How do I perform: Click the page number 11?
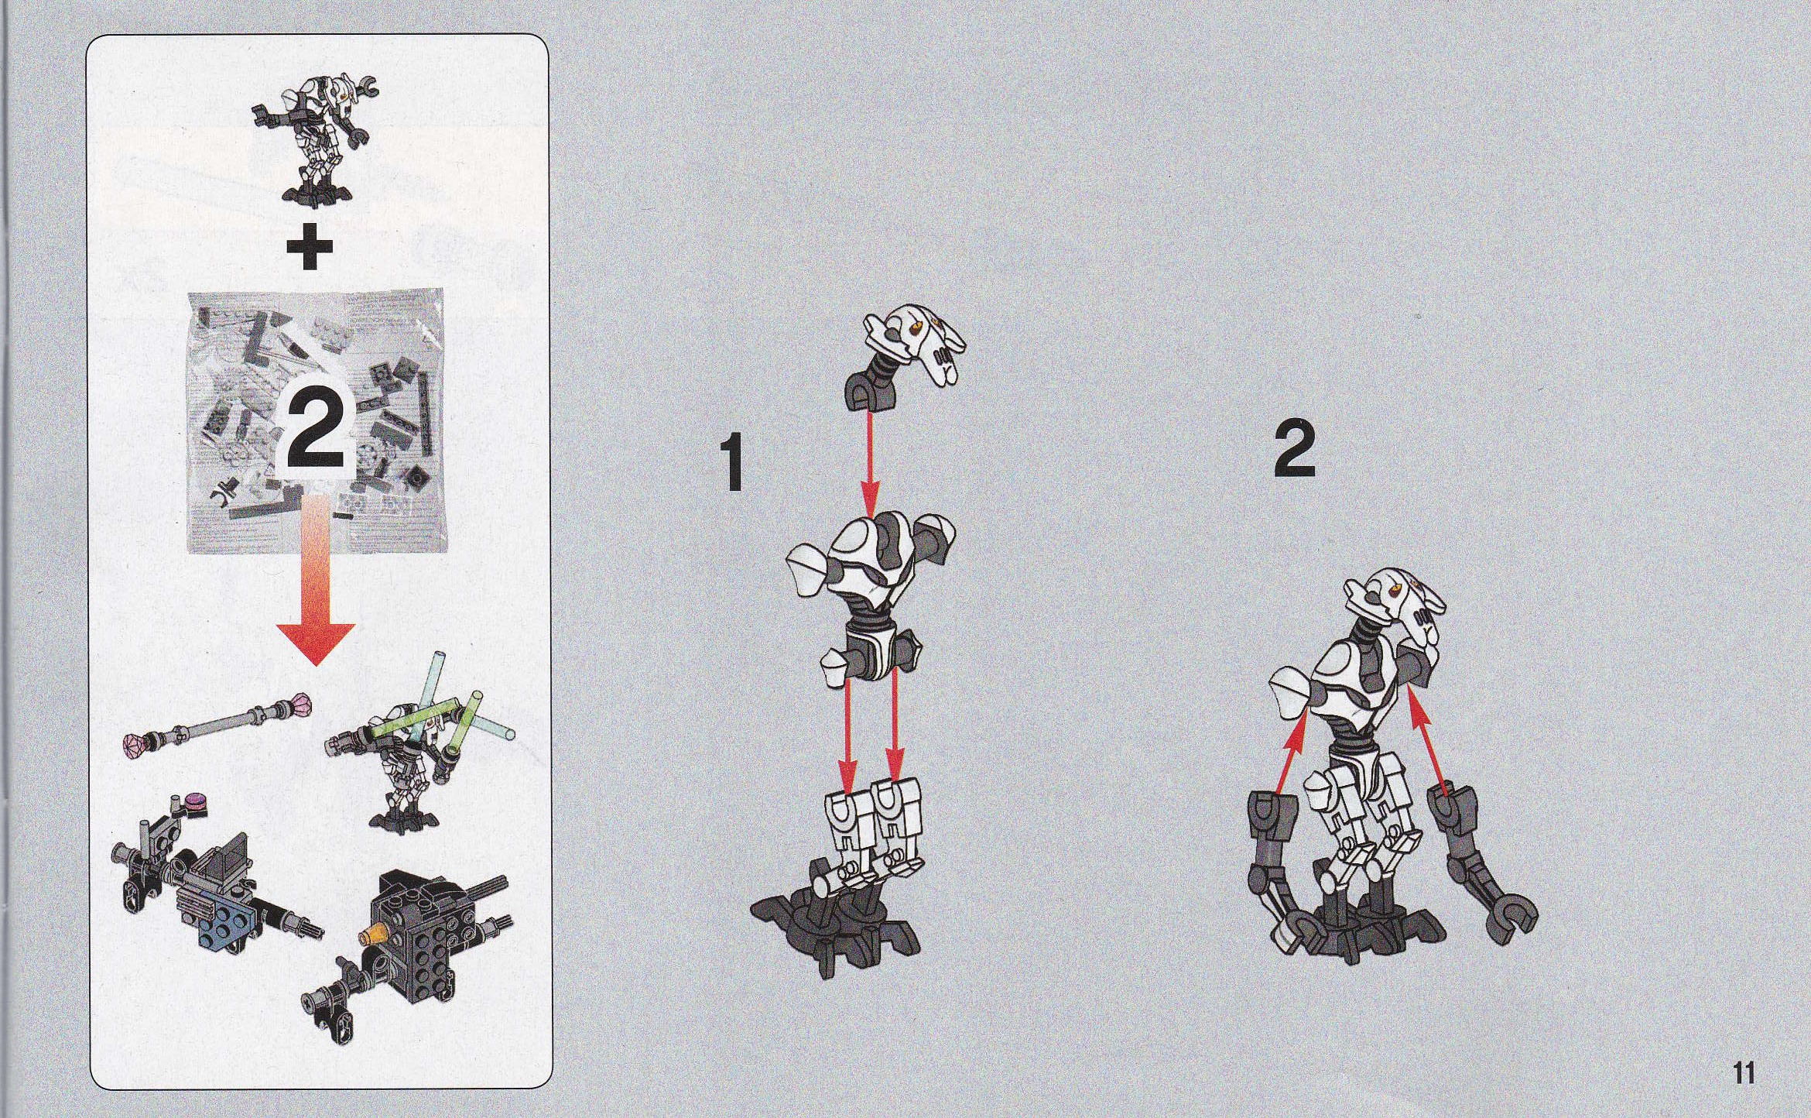tap(1744, 1074)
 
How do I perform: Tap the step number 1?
tap(731, 463)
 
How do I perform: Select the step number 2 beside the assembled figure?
tap(1295, 448)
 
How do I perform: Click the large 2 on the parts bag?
tap(317, 430)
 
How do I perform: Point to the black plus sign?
tap(310, 248)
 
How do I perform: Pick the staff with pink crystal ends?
tap(217, 721)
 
